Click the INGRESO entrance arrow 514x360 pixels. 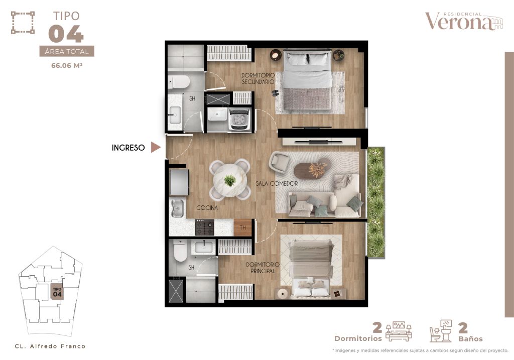[156, 147]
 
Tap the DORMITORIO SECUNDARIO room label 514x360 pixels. [258, 79]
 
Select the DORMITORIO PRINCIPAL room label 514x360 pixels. [263, 268]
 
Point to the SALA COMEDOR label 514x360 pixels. [277, 184]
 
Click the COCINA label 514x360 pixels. [207, 207]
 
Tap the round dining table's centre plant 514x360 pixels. [230, 180]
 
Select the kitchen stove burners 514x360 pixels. [205, 227]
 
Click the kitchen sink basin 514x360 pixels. [177, 208]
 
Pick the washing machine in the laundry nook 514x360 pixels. [239, 119]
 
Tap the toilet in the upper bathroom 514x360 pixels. [179, 82]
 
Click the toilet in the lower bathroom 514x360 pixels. [180, 251]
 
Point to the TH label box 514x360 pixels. [242, 227]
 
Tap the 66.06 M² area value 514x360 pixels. [67, 65]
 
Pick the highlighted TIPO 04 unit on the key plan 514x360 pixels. [57, 292]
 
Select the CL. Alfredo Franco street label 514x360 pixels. [50, 346]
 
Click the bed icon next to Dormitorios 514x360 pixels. [399, 331]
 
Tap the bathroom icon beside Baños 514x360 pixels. [441, 331]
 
